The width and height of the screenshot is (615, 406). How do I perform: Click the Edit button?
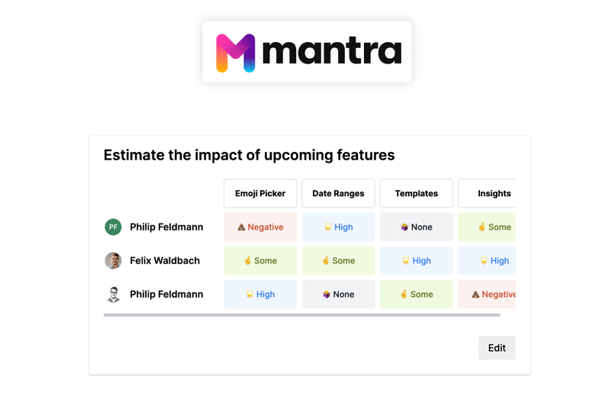(x=497, y=348)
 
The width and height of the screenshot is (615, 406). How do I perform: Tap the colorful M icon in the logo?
(x=235, y=53)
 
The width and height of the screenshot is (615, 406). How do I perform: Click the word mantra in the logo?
(x=332, y=52)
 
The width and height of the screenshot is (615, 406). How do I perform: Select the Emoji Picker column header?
(x=260, y=194)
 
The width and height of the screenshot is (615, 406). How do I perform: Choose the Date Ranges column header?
(x=338, y=194)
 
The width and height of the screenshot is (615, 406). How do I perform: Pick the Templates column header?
(x=416, y=194)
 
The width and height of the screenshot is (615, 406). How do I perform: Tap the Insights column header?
(x=493, y=194)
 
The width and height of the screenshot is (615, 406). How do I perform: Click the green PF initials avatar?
(x=113, y=227)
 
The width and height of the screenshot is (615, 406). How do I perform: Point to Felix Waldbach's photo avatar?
(x=113, y=260)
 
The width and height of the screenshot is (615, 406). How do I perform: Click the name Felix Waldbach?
(x=165, y=260)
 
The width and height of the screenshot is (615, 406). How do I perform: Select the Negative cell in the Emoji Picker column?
(x=260, y=227)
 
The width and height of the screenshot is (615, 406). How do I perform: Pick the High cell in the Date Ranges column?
(x=338, y=227)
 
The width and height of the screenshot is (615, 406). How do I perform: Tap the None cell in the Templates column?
(x=416, y=227)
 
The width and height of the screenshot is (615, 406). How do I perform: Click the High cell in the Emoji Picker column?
(x=260, y=294)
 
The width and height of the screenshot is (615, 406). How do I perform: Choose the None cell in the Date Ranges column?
(x=338, y=294)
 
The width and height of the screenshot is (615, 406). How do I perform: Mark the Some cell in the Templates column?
(x=416, y=294)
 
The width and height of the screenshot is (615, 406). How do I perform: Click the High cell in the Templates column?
(x=416, y=260)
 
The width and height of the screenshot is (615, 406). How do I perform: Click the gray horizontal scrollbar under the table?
(x=301, y=314)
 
